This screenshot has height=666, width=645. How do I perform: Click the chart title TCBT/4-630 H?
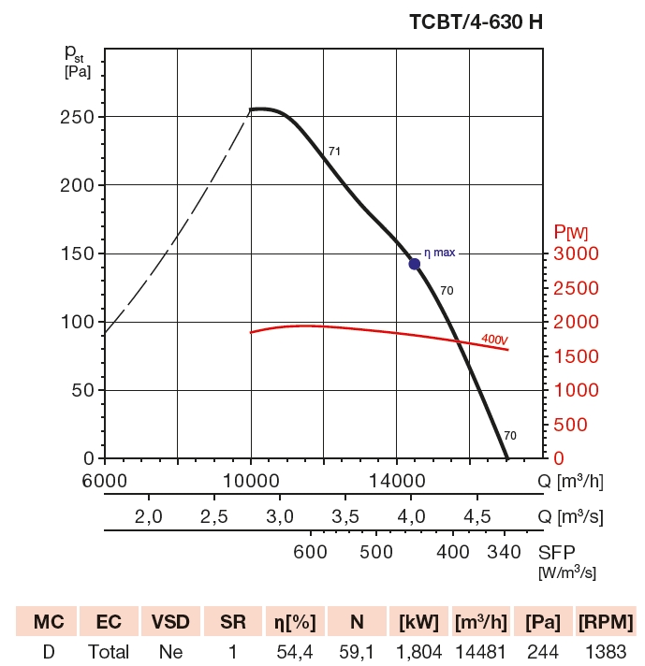(x=476, y=23)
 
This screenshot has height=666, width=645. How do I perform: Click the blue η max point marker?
(x=415, y=264)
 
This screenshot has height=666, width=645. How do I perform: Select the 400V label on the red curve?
(x=494, y=339)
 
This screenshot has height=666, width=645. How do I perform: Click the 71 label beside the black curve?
(x=334, y=151)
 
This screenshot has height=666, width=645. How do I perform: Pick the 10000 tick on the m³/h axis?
(x=251, y=482)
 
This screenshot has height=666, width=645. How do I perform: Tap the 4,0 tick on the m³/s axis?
(x=411, y=517)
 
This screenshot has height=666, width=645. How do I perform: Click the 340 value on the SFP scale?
(x=505, y=552)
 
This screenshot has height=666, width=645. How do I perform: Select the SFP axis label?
(x=557, y=552)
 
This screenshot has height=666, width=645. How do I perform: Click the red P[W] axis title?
(x=570, y=231)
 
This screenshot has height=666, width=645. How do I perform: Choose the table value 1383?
(x=606, y=651)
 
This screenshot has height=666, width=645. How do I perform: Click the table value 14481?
(x=479, y=651)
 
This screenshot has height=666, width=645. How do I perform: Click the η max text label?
(x=439, y=253)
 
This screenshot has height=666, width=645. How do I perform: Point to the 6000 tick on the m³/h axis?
(x=105, y=482)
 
